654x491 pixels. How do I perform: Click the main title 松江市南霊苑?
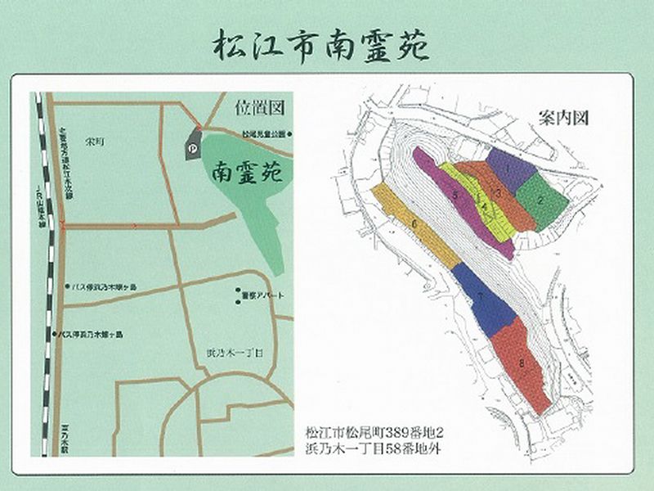click(320, 46)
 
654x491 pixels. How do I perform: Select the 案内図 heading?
click(564, 117)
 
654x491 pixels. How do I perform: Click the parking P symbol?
click(192, 150)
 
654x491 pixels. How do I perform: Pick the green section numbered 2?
click(542, 196)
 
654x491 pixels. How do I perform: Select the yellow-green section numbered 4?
click(484, 209)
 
